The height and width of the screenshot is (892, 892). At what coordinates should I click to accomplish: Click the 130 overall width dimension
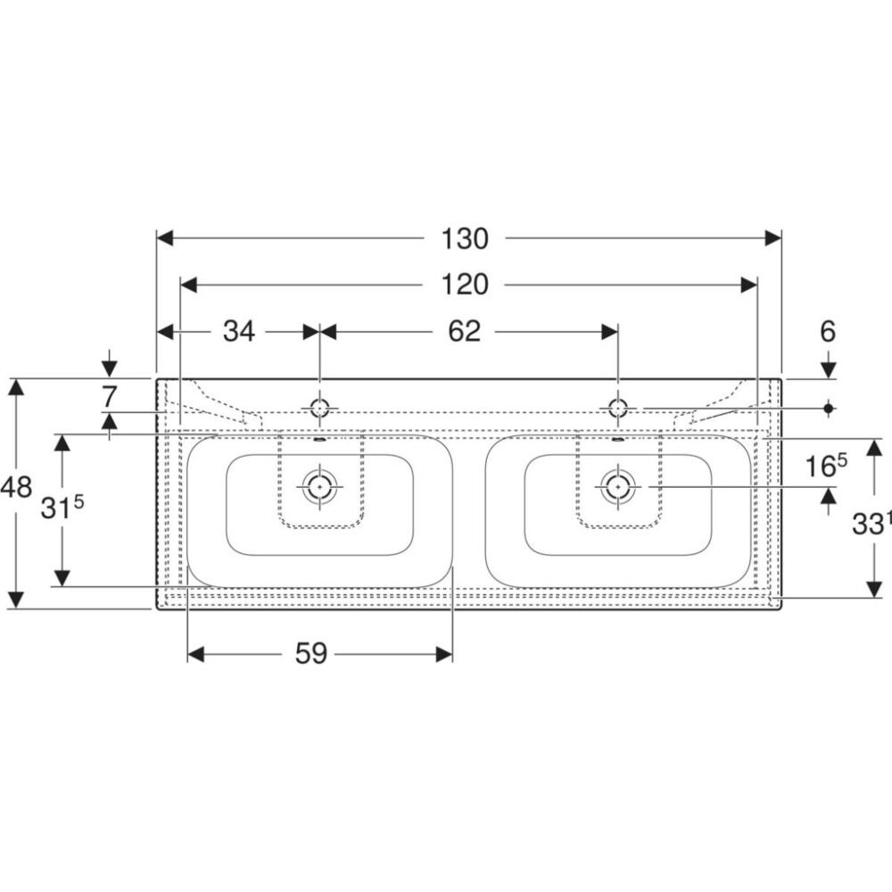pos(465,239)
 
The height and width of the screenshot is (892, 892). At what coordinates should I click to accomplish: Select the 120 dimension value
pos(465,285)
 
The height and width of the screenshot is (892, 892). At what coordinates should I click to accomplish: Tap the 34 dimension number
pos(239,331)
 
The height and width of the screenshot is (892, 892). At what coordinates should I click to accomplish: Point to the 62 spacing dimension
pos(464,331)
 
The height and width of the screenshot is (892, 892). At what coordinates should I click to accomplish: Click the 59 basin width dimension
pos(311,654)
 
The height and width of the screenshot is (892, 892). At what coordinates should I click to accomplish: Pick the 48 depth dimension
pos(16,488)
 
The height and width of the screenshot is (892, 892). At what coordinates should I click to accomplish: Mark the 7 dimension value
pos(109,397)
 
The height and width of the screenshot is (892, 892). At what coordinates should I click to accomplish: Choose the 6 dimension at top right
pos(828,332)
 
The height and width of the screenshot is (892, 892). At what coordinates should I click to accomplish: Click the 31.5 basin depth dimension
pos(62,508)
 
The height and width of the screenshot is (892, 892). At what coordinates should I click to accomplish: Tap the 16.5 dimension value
pos(826,467)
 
